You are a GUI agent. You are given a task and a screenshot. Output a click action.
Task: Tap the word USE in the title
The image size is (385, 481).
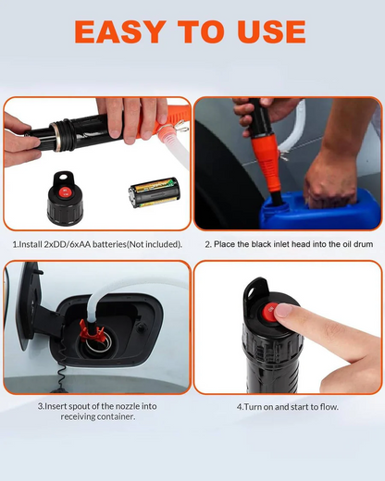(x=272, y=31)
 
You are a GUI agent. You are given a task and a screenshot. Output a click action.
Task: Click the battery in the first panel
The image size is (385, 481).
(x=154, y=192)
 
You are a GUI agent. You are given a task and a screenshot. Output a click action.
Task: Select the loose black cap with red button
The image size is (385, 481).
(x=65, y=199)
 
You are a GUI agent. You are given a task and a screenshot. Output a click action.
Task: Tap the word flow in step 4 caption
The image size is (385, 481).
(x=329, y=407)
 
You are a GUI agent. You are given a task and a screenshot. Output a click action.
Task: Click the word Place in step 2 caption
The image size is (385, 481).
(x=223, y=244)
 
